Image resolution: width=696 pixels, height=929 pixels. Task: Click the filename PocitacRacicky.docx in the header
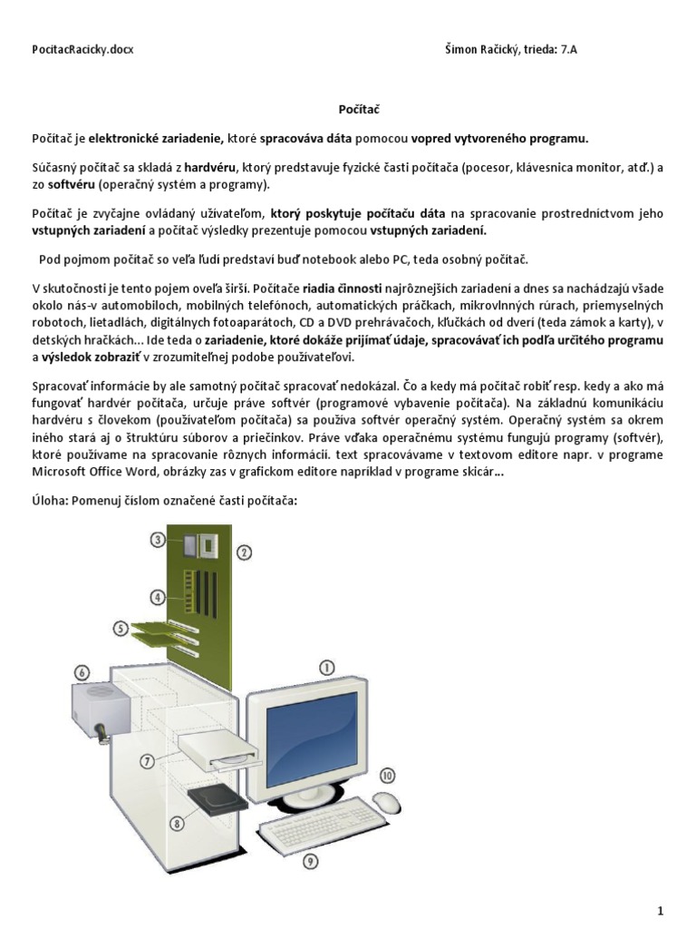(82, 49)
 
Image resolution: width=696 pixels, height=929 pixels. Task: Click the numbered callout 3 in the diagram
(158, 540)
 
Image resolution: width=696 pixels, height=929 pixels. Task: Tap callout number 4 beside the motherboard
(158, 597)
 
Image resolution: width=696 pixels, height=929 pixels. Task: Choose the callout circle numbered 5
(121, 627)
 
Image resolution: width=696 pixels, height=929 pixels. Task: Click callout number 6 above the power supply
(82, 672)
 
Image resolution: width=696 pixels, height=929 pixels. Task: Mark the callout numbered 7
(146, 762)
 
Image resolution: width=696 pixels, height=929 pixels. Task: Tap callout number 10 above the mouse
(387, 776)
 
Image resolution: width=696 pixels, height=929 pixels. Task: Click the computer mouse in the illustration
(386, 803)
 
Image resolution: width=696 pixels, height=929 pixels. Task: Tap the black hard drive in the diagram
(218, 798)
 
